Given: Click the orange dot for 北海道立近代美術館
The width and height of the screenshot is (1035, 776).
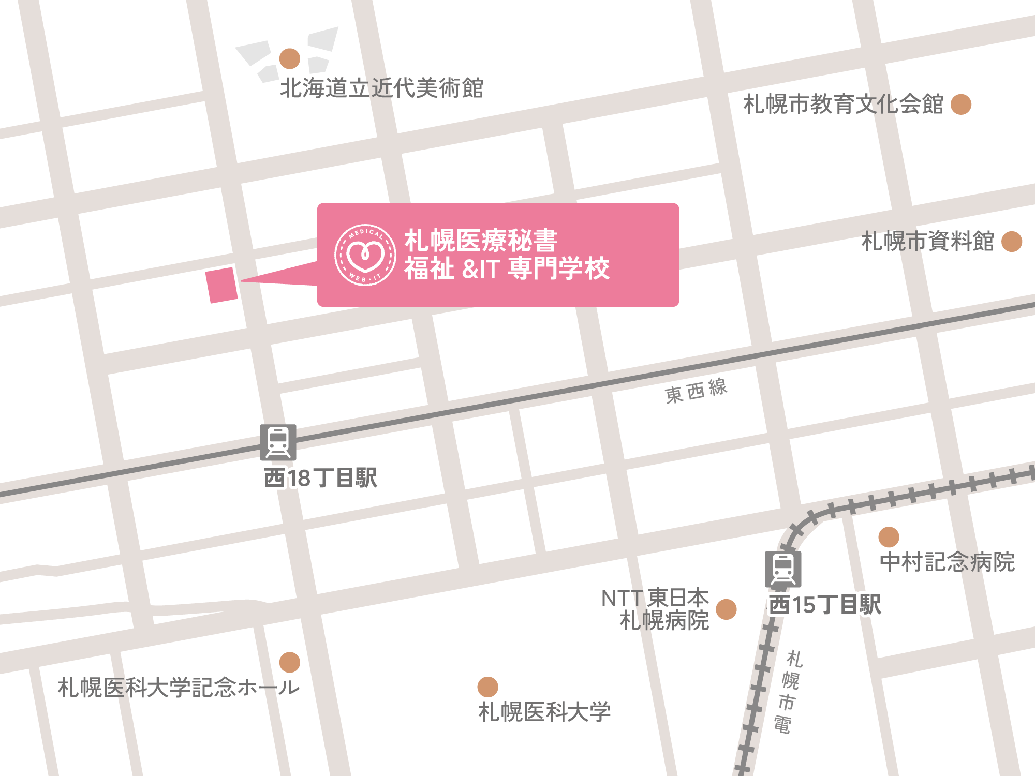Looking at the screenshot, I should (290, 59).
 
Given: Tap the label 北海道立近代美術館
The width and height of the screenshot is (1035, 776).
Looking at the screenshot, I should (381, 88).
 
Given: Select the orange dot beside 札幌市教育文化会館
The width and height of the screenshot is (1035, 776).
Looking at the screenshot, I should (961, 105).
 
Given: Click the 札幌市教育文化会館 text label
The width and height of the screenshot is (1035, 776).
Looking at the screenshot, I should (843, 105).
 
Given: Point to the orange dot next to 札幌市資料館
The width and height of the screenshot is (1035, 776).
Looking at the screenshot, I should (1012, 242).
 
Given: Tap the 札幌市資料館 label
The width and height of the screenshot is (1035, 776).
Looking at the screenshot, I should (927, 242).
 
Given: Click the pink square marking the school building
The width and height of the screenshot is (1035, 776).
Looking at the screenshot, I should (222, 285).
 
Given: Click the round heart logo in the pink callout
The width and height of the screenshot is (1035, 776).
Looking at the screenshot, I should (365, 255).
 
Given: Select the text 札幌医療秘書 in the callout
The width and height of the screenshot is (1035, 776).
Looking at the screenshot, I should (481, 241).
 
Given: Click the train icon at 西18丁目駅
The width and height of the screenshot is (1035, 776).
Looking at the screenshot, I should (278, 443).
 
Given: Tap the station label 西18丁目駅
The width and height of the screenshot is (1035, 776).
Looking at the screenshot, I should (320, 478).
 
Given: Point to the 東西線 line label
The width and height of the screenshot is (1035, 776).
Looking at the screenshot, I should (696, 391).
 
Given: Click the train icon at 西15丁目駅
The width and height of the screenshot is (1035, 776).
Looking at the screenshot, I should (783, 569).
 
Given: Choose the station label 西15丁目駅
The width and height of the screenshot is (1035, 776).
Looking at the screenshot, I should (825, 604).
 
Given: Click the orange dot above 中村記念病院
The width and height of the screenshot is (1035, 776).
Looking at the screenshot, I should (889, 537).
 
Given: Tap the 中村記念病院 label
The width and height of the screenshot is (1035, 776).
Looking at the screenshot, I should (947, 562).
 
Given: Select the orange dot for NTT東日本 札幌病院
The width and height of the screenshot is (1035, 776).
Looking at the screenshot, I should (726, 609).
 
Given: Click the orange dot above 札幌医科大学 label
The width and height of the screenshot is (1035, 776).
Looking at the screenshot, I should (487, 687).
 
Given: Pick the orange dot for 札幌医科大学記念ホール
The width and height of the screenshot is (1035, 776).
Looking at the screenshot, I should (290, 662).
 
